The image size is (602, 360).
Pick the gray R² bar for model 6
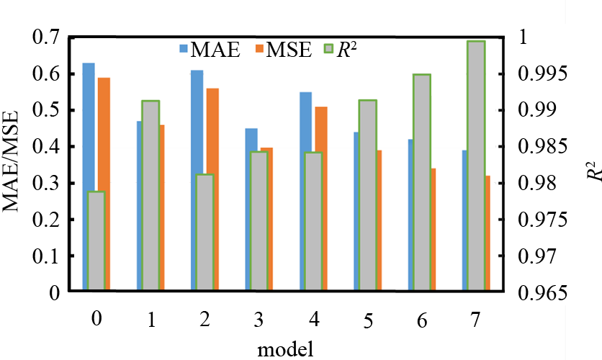(422, 182)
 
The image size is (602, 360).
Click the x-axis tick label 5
(367, 320)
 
